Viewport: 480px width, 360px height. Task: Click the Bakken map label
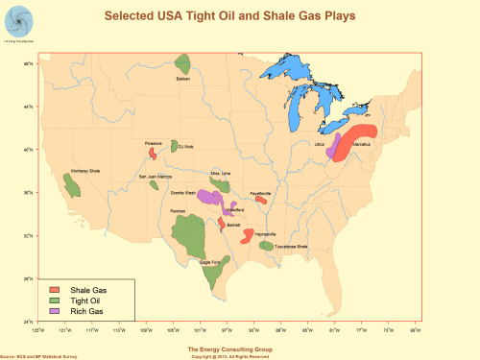click(182, 80)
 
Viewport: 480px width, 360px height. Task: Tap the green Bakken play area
click(183, 64)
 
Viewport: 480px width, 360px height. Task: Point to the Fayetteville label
click(260, 194)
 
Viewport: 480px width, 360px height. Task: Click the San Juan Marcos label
click(156, 177)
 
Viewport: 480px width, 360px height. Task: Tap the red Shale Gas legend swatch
click(55, 289)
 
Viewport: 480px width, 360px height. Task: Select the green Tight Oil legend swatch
click(55, 300)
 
